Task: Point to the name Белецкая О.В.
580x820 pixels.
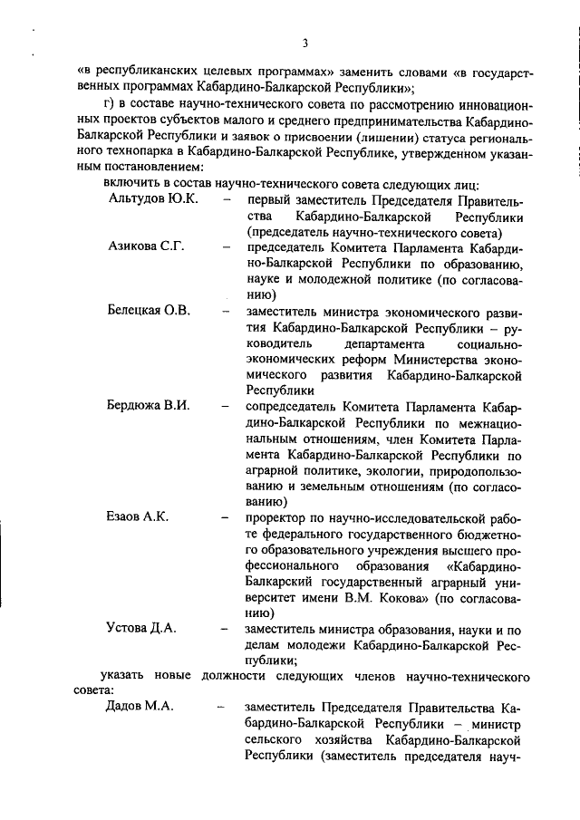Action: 150,311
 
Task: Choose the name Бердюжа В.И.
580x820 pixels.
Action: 149,405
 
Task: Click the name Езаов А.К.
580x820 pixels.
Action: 138,516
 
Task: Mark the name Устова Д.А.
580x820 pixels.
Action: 141,627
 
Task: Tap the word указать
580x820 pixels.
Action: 124,675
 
